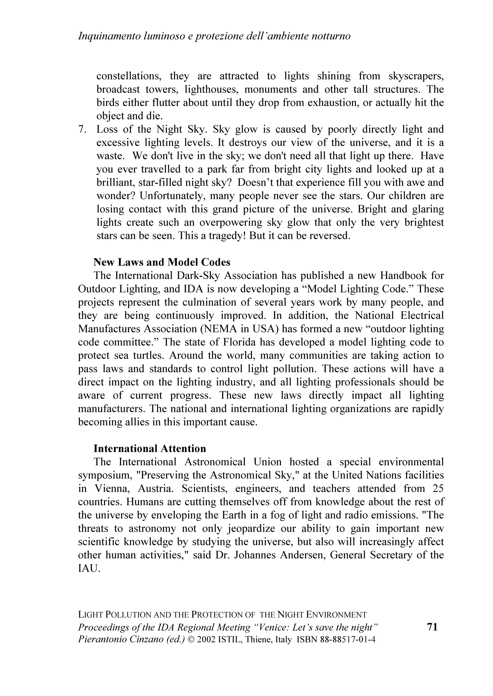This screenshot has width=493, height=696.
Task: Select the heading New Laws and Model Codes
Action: pos(162,262)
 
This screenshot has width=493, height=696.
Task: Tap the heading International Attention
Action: pos(150,448)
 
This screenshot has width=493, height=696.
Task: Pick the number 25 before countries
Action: pos(437,489)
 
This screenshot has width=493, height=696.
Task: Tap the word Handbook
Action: pos(402,276)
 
